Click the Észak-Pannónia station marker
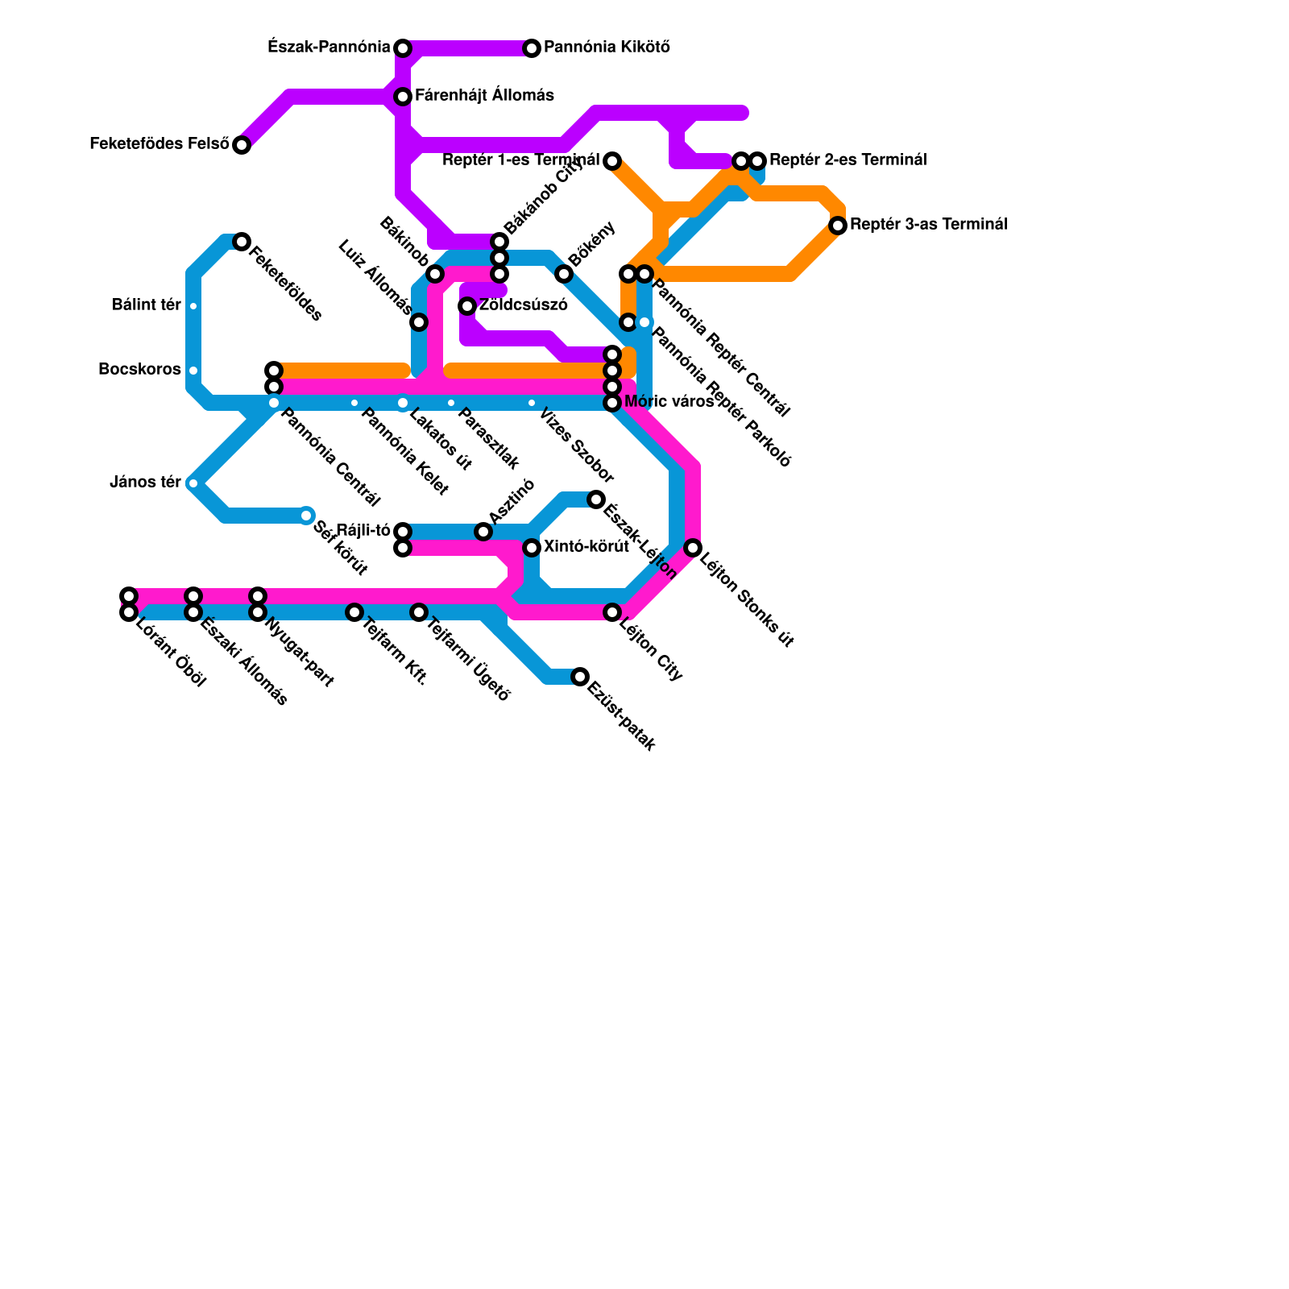click(403, 48)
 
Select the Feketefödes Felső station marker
click(242, 145)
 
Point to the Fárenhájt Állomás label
click(484, 96)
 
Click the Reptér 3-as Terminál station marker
click(838, 226)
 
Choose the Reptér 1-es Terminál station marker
click(612, 161)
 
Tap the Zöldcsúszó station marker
click(467, 306)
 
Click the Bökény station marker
click(564, 274)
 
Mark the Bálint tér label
click(147, 305)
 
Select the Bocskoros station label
click(139, 370)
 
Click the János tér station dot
click(193, 483)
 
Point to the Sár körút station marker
click(306, 516)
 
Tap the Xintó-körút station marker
click(532, 548)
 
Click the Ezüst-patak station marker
click(580, 677)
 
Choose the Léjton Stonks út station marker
click(693, 548)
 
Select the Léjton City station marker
click(612, 612)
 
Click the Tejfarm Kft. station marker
click(354, 612)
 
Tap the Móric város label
click(669, 402)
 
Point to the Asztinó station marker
click(483, 532)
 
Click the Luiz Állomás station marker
click(419, 322)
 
